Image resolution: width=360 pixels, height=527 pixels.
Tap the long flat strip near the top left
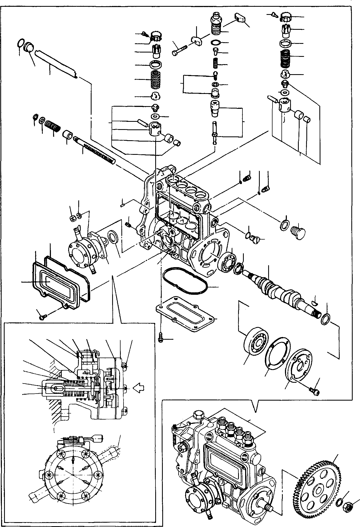click(57, 63)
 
